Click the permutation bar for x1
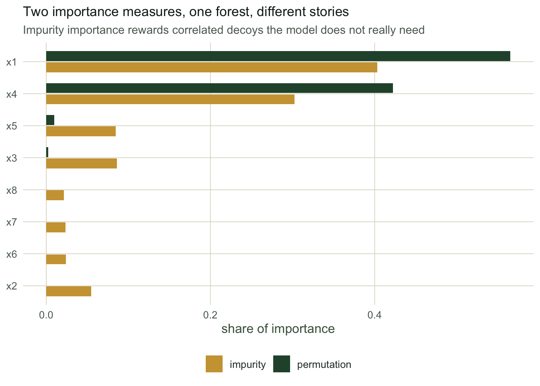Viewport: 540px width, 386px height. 278,56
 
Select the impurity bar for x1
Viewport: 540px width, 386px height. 212,67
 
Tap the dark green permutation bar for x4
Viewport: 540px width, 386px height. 219,88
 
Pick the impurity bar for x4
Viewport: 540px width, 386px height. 170,99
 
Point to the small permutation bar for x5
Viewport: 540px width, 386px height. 50,120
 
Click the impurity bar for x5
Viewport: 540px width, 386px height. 81,131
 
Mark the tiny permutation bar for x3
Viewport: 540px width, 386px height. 47,152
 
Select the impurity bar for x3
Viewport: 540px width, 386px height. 82,163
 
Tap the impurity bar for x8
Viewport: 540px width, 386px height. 55,195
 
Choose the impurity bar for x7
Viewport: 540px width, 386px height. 56,227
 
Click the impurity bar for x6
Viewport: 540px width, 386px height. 56,259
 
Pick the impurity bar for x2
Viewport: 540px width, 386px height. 69,291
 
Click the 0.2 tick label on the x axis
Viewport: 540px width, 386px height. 210,315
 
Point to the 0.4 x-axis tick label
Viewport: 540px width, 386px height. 374,315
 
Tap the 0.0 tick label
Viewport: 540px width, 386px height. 46,315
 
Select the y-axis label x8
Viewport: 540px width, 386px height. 12,190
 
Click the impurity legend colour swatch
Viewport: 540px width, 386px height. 214,364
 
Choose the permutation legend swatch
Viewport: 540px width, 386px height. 282,364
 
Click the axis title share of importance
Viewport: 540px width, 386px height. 278,329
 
